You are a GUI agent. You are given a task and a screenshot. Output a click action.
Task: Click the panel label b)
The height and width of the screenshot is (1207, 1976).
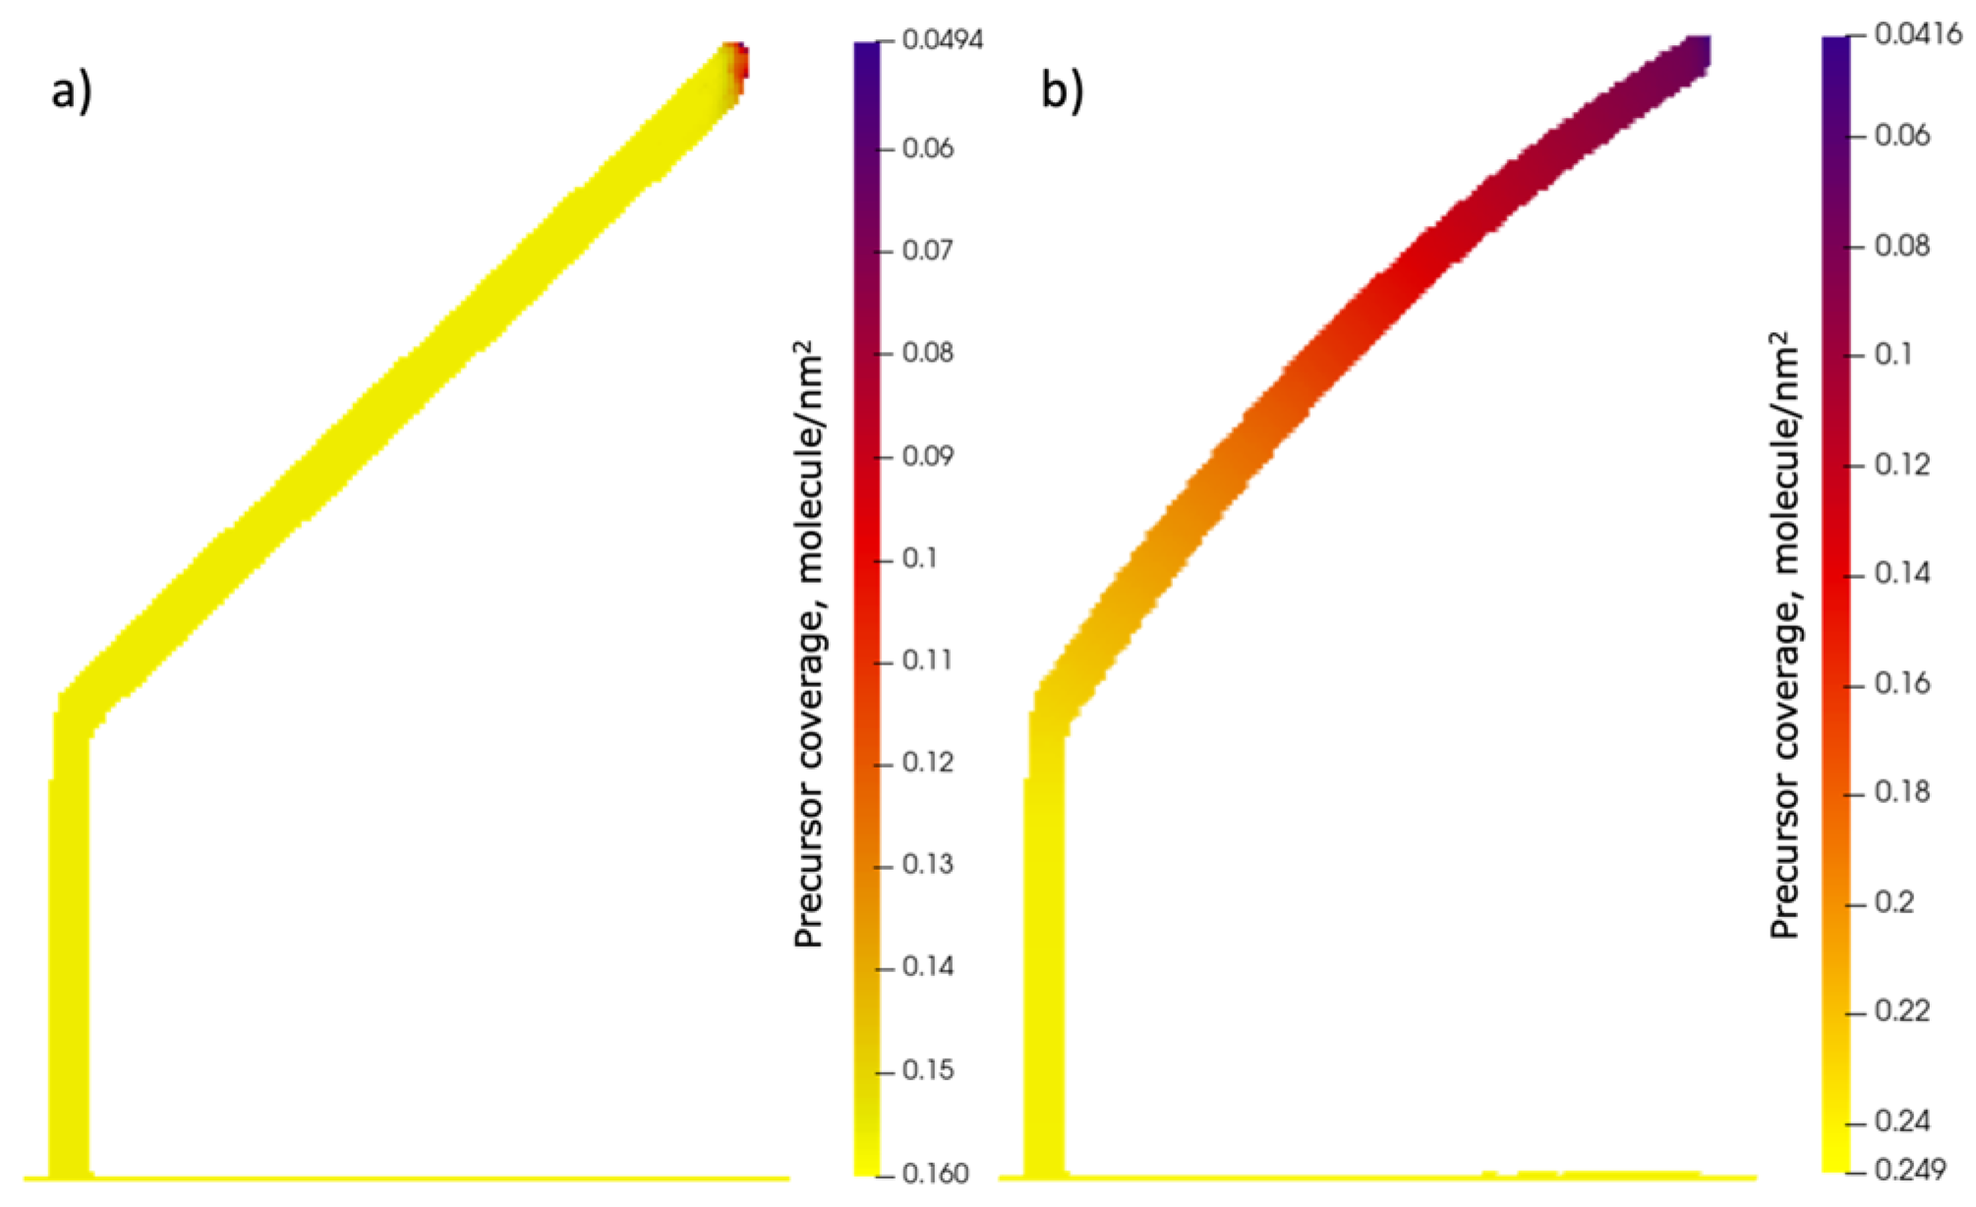pos(1062,91)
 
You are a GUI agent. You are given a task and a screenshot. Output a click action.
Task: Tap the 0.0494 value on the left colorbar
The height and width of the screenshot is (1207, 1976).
pos(942,40)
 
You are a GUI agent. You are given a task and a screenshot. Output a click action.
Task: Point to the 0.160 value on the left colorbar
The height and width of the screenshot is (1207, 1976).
pos(935,1173)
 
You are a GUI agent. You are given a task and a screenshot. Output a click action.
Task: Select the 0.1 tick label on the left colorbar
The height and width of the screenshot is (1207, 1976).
pos(919,558)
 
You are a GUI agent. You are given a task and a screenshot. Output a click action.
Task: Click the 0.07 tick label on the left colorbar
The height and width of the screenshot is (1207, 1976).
pos(927,250)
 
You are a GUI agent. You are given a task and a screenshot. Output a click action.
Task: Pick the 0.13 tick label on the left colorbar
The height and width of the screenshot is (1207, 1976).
pos(927,865)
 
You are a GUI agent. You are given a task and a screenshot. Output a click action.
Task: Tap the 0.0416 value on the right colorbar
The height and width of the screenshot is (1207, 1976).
pos(1918,34)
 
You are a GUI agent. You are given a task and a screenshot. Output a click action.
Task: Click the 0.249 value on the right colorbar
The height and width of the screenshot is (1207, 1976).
pos(1909,1170)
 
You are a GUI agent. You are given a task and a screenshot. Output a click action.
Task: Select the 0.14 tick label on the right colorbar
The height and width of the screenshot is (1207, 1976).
pos(1901,573)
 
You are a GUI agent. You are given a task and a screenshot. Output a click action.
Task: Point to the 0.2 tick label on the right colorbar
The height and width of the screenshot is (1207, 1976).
pos(1893,902)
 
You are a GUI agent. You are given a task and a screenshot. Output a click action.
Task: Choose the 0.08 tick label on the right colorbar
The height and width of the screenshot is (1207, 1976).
pos(1901,245)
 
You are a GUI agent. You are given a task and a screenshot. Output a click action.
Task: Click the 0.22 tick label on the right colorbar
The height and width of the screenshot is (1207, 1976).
pos(1901,1011)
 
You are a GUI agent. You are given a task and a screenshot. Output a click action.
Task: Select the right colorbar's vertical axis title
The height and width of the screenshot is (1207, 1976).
pos(1783,634)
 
